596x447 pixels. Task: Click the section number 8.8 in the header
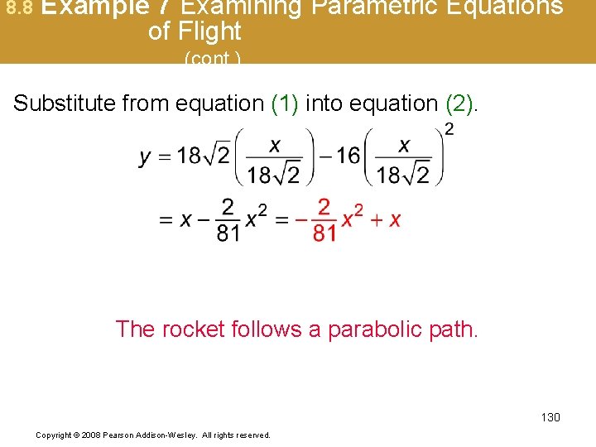(x=19, y=8)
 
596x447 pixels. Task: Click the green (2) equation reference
(x=459, y=103)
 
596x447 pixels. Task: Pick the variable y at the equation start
(x=146, y=157)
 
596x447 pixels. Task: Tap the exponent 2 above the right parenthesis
(x=449, y=128)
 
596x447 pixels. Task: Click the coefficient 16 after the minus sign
(x=348, y=156)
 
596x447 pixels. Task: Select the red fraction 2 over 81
(x=324, y=219)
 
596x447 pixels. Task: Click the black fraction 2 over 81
(x=228, y=219)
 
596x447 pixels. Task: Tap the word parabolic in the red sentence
(x=377, y=329)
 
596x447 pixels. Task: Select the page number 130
(x=550, y=417)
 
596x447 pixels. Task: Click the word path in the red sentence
(x=457, y=329)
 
